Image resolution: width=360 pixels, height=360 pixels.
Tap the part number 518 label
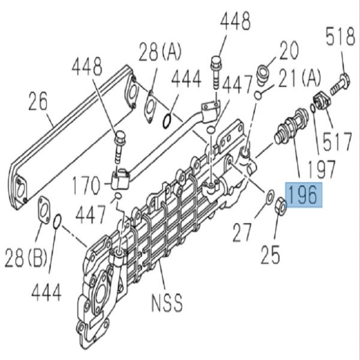[x=340, y=38]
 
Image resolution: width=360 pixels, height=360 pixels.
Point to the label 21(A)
[x=300, y=76]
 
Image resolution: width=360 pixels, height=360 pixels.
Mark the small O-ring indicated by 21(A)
[x=257, y=95]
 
